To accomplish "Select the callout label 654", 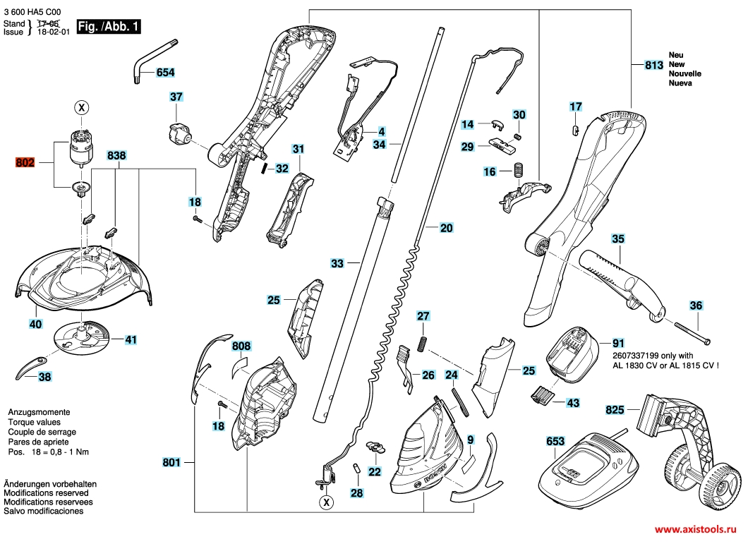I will pyautogui.click(x=165, y=73).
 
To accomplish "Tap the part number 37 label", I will pyautogui.click(x=176, y=97).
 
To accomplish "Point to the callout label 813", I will pyautogui.click(x=654, y=66).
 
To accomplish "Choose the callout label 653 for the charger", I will pyautogui.click(x=555, y=442).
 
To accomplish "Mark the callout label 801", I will pyautogui.click(x=171, y=463).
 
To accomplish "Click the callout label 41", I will pyautogui.click(x=131, y=339).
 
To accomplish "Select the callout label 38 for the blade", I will pyautogui.click(x=44, y=377).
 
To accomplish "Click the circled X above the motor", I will pyautogui.click(x=82, y=108).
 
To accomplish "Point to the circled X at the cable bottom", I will pyautogui.click(x=325, y=502).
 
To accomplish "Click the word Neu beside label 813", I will pyautogui.click(x=676, y=55).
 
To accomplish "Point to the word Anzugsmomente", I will pyautogui.click(x=38, y=411).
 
